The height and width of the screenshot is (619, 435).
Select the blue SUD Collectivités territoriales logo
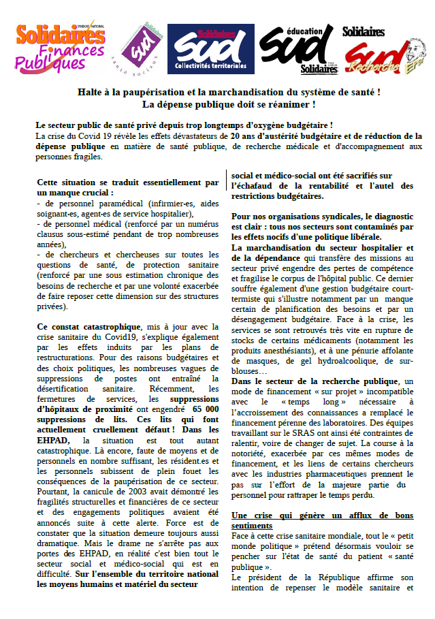210,49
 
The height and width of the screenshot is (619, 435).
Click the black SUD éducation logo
300,50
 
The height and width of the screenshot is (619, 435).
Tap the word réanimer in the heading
285,104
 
